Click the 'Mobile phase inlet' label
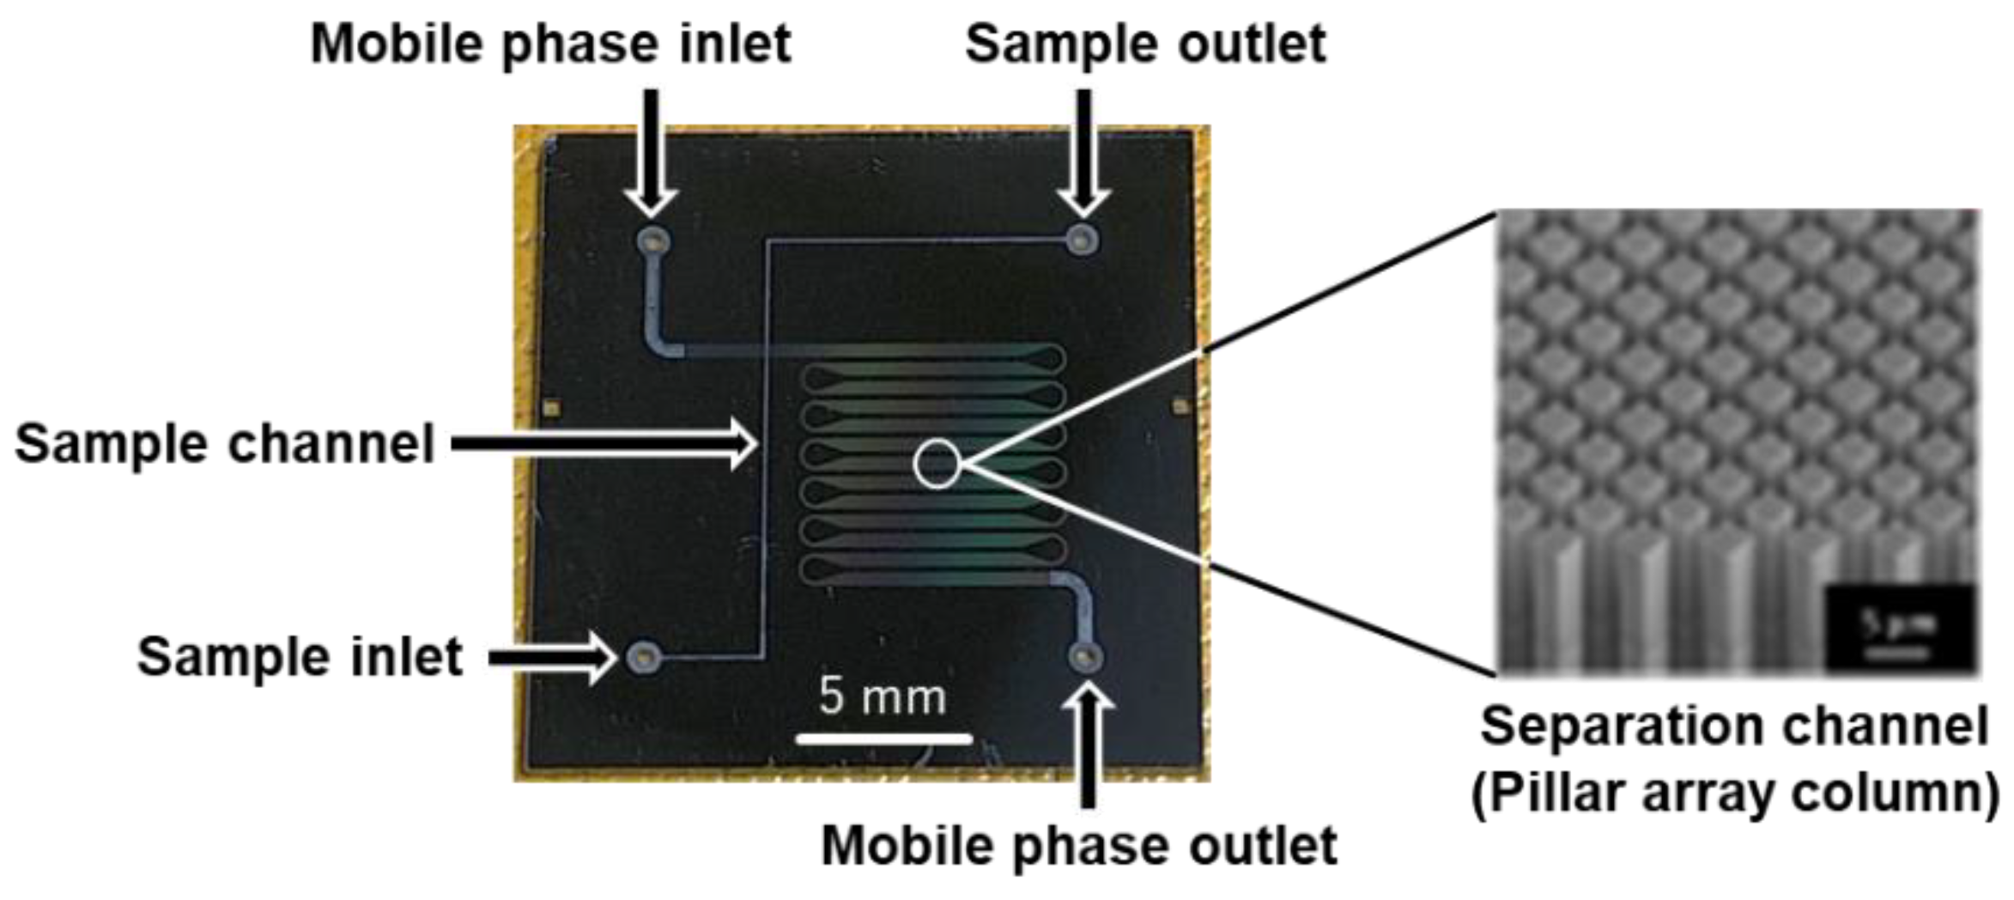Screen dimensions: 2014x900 (x=550, y=44)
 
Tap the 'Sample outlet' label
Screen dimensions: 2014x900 (x=1145, y=44)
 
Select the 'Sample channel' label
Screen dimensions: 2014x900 (x=225, y=444)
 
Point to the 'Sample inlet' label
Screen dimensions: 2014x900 (x=300, y=657)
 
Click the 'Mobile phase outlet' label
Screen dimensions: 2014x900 (x=1078, y=846)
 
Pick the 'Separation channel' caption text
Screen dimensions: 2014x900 (x=1734, y=727)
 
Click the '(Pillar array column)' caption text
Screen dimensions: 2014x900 (x=1734, y=793)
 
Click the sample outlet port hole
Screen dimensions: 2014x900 (x=1083, y=240)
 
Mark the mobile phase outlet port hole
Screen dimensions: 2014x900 (x=1086, y=658)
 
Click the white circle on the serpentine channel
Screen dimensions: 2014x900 (x=937, y=464)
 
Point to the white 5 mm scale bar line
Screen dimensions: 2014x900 (x=883, y=738)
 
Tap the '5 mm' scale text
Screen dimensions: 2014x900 (x=882, y=696)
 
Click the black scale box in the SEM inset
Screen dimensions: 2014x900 (x=1899, y=628)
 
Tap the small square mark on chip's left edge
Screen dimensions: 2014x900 (x=552, y=407)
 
